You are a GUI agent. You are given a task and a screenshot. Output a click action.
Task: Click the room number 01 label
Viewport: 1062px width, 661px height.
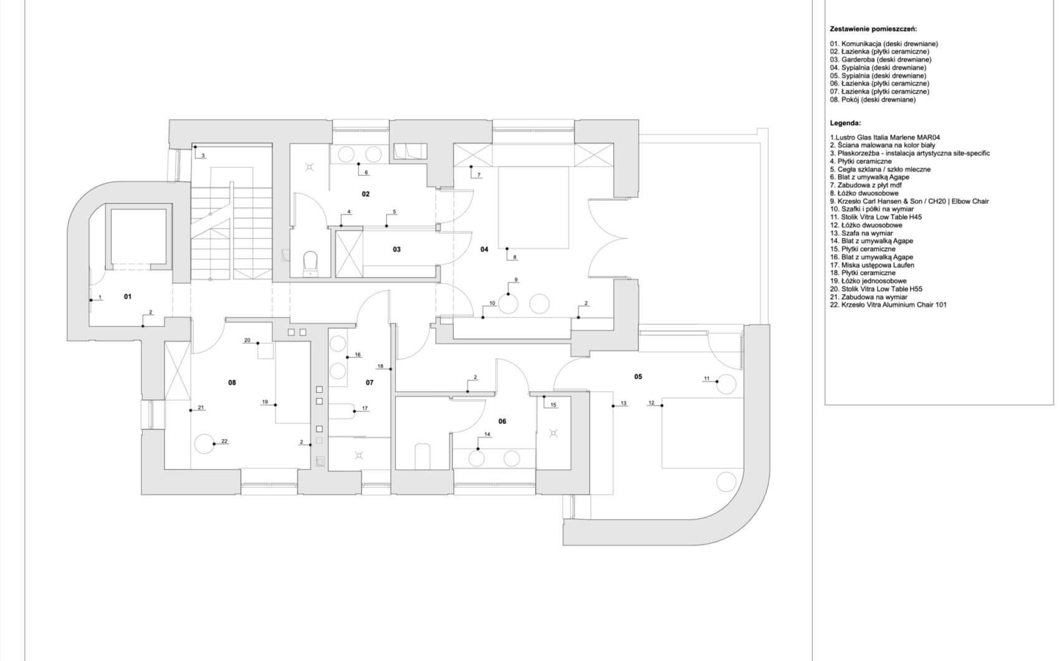click(128, 297)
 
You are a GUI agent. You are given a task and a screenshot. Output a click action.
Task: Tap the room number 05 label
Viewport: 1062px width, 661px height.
click(638, 376)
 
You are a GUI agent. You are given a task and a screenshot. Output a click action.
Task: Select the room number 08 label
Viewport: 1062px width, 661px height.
click(232, 382)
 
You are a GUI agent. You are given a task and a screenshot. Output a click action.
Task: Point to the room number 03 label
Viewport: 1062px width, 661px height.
click(397, 249)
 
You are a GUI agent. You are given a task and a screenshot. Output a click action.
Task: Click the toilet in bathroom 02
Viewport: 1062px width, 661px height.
click(310, 263)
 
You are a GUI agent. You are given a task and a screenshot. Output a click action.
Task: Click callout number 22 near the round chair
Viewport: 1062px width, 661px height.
click(224, 441)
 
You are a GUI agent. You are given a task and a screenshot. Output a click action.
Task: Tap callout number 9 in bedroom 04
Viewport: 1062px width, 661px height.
click(516, 279)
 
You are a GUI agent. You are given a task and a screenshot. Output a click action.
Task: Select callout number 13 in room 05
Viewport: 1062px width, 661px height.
click(623, 403)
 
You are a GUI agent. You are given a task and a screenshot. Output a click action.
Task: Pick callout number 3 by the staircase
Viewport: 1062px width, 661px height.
click(203, 155)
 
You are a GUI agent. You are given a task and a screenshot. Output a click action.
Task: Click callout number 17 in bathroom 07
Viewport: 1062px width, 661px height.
click(365, 408)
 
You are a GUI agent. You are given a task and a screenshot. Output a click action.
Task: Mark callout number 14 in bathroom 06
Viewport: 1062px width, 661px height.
click(487, 434)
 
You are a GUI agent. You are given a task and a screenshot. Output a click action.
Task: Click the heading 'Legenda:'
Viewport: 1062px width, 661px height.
click(845, 123)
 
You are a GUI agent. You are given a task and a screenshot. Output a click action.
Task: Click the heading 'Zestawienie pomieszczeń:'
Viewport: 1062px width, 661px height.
click(873, 29)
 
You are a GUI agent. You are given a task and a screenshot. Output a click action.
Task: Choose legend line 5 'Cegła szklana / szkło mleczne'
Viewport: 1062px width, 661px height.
click(880, 170)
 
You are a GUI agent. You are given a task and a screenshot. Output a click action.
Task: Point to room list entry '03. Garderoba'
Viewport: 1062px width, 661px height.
click(881, 60)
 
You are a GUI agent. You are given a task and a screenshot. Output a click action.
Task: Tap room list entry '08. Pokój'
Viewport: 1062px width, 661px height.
click(873, 100)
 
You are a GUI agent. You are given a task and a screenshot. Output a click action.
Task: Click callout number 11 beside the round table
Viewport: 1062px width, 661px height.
click(707, 378)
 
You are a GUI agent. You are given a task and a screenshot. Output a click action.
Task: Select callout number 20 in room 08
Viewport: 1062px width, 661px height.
click(247, 340)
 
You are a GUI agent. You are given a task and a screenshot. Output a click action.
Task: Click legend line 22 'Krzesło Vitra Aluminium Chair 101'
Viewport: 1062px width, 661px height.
click(888, 305)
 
